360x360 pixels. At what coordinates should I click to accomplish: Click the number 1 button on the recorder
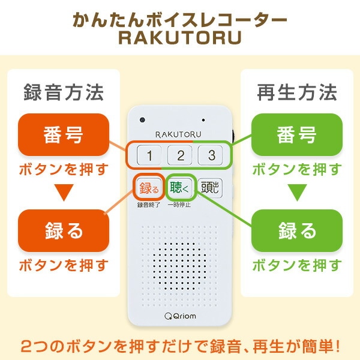pyautogui.click(x=149, y=156)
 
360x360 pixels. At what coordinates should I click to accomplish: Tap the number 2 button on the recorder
pyautogui.click(x=179, y=156)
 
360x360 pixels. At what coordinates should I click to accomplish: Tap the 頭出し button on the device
pyautogui.click(x=209, y=188)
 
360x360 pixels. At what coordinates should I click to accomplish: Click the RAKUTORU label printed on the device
pyautogui.click(x=179, y=133)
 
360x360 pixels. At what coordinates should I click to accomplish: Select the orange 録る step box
pyautogui.click(x=63, y=230)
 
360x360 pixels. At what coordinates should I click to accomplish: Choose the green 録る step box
pyautogui.click(x=296, y=230)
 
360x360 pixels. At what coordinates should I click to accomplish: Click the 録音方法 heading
pyautogui.click(x=63, y=93)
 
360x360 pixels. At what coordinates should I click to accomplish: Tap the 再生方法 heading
pyautogui.click(x=296, y=93)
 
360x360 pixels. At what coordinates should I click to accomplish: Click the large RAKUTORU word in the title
pyautogui.click(x=179, y=38)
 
